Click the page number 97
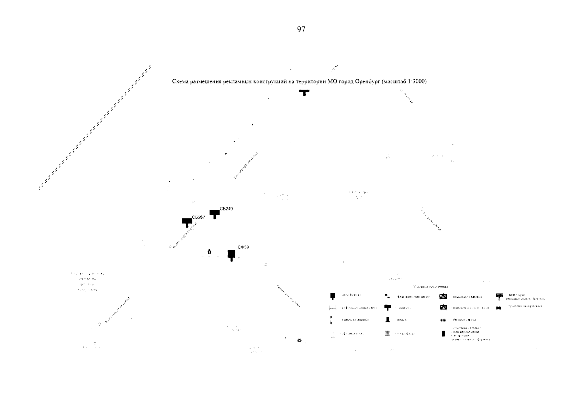click(301, 30)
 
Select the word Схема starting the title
click(179, 82)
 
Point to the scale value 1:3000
click(417, 82)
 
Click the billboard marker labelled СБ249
click(215, 214)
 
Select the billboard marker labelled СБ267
click(187, 222)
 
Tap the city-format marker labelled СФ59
click(232, 255)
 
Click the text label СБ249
click(226, 209)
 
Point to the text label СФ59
click(243, 247)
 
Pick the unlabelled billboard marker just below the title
click(304, 92)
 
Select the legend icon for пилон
click(388, 320)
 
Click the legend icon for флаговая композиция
click(387, 296)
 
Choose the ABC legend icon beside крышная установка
click(443, 296)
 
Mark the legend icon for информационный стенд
click(333, 308)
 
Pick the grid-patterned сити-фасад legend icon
click(388, 333)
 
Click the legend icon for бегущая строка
click(443, 320)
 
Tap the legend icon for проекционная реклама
click(498, 307)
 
